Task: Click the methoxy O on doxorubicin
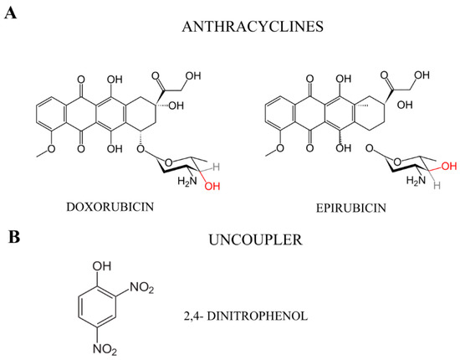point(28,152)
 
